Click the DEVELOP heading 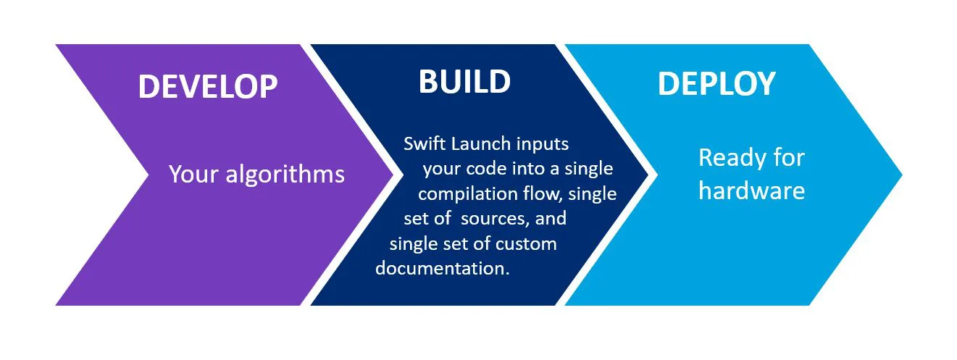tap(208, 87)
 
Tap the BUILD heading tap(464, 82)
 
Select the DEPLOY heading tap(716, 84)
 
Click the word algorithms tap(285, 175)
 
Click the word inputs tap(543, 145)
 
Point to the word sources tap(495, 219)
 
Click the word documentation tap(442, 269)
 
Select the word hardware tap(751, 191)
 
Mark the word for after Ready tap(789, 157)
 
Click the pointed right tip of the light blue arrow tap(902, 175)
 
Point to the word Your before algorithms tap(194, 175)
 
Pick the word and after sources tap(551, 219)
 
